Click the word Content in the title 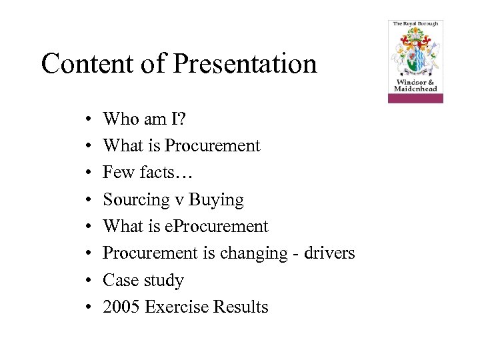click(86, 64)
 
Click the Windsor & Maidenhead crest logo click(415, 61)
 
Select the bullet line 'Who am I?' click(145, 119)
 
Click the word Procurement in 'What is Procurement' click(212, 145)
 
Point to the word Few click(119, 173)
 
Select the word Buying click(217, 199)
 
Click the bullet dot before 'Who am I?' click(89, 119)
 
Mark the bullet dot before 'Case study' click(89, 281)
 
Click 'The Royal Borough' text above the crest click(415, 24)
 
